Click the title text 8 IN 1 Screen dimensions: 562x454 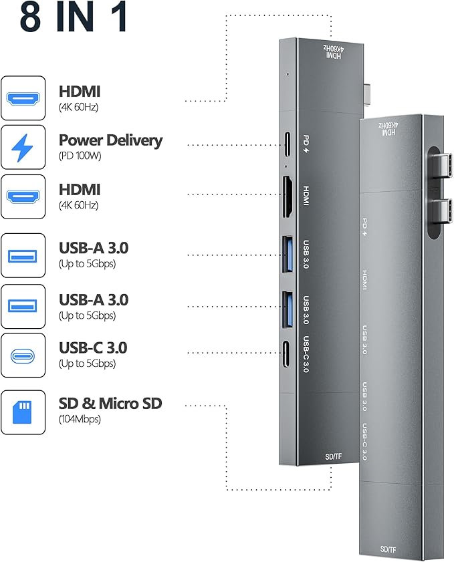[x=74, y=19]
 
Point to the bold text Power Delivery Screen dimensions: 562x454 [x=110, y=140]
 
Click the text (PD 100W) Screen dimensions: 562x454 [x=80, y=156]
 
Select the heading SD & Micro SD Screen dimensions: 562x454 [x=110, y=404]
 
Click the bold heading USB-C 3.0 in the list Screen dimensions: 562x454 [x=93, y=347]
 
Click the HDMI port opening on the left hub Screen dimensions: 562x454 [x=289, y=197]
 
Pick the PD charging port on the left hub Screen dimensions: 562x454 [x=288, y=142]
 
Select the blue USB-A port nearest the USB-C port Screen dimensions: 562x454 [x=289, y=308]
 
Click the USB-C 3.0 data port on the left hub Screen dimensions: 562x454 [x=288, y=352]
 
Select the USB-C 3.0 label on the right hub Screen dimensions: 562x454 [x=364, y=442]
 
